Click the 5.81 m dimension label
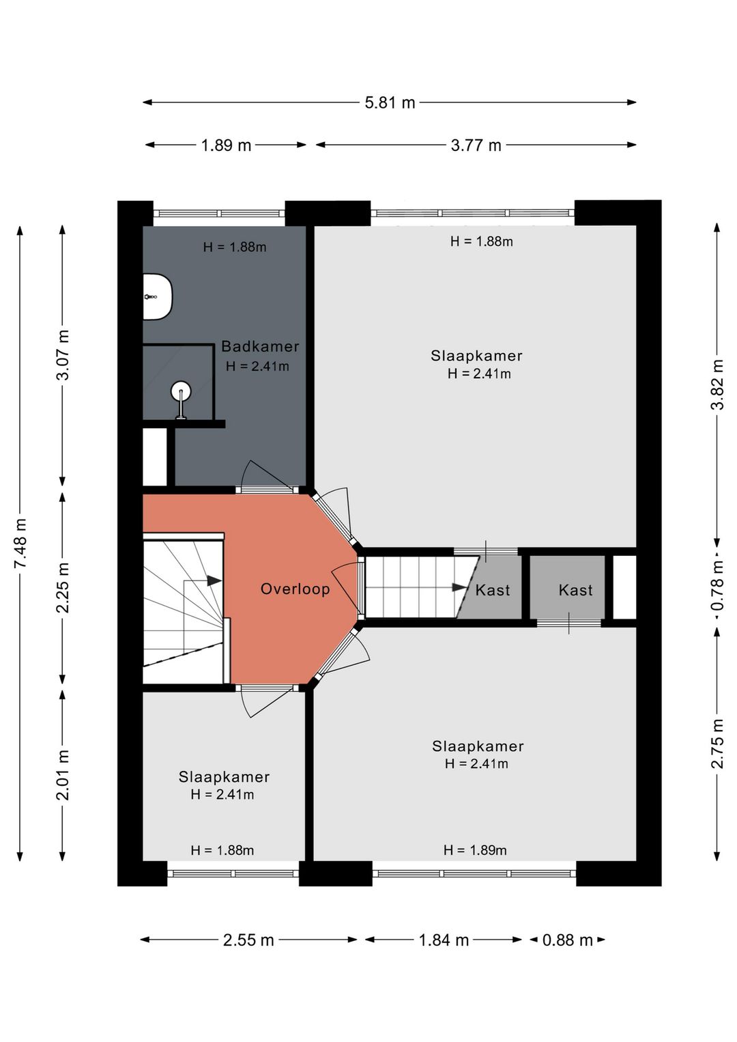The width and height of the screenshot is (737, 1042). (x=389, y=102)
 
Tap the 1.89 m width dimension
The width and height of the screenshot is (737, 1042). (x=225, y=145)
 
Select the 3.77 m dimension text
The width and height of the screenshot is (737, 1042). (x=476, y=145)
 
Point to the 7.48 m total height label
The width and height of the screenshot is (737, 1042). (x=20, y=542)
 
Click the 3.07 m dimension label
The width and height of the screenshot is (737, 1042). (x=63, y=355)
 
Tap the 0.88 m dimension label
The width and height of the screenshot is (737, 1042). (x=567, y=940)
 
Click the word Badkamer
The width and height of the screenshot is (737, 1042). (x=259, y=347)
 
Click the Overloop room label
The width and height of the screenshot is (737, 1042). (x=295, y=589)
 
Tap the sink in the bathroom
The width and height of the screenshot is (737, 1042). (x=158, y=296)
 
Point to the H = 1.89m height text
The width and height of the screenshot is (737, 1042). (x=475, y=850)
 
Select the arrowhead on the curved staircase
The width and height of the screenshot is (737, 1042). (x=214, y=580)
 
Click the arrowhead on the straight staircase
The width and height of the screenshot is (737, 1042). (x=459, y=587)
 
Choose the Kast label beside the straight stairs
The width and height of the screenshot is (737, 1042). (x=493, y=591)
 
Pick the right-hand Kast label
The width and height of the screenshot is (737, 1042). (x=575, y=591)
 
